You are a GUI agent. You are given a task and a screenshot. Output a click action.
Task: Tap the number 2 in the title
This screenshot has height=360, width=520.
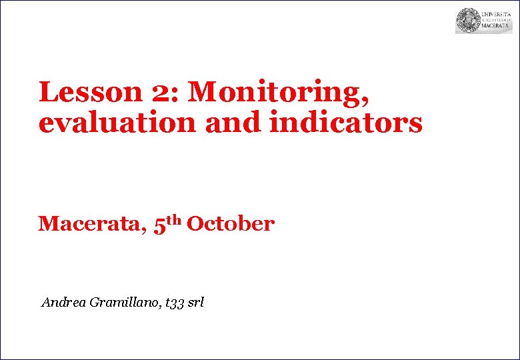160,93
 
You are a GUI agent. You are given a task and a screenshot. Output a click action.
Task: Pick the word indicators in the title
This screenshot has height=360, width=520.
346,123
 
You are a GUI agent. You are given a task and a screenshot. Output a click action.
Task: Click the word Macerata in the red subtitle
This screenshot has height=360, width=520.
89,224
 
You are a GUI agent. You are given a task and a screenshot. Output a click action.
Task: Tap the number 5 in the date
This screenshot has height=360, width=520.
159,225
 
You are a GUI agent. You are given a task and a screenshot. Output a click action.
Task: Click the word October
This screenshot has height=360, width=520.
231,224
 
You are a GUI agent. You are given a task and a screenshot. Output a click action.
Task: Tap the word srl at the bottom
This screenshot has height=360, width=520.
196,303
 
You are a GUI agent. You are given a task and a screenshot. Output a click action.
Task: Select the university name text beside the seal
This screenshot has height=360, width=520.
496,20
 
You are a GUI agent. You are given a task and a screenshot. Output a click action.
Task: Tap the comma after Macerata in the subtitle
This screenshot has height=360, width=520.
143,231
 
